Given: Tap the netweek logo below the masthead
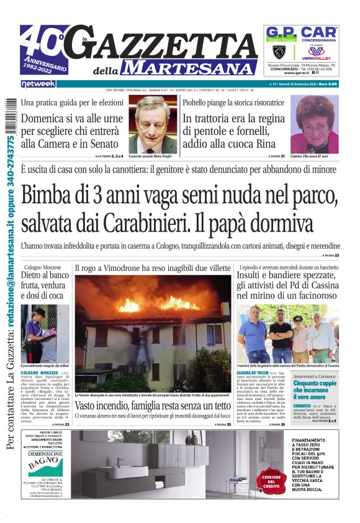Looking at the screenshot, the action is (38, 83).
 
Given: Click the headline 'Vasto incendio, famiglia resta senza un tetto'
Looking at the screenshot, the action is (152, 406).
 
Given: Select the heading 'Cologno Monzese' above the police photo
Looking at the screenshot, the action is (43, 267).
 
